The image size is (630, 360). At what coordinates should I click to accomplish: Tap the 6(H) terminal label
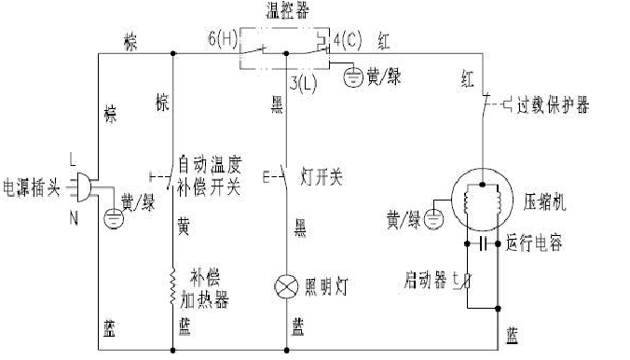pyautogui.click(x=225, y=40)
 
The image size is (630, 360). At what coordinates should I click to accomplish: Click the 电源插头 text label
pyautogui.click(x=33, y=187)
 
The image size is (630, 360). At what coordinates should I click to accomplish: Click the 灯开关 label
pyautogui.click(x=322, y=175)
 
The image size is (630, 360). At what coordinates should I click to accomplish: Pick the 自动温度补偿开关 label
pyautogui.click(x=210, y=176)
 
